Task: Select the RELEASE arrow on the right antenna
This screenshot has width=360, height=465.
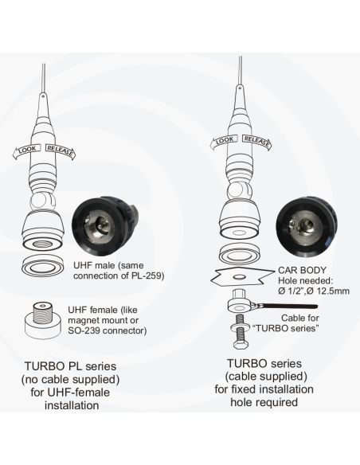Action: [257, 143]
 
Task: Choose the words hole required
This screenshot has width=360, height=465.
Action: [264, 404]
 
